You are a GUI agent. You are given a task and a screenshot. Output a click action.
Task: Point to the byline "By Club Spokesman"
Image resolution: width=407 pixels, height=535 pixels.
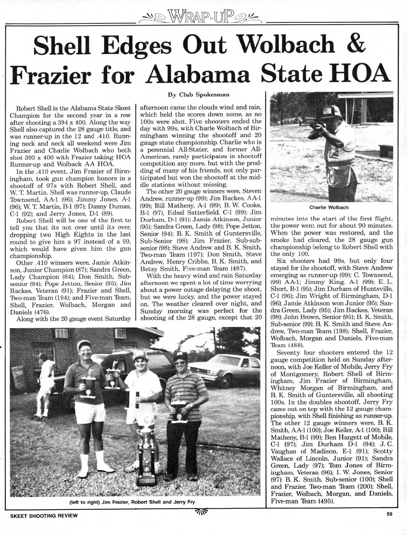coord(203,91)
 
